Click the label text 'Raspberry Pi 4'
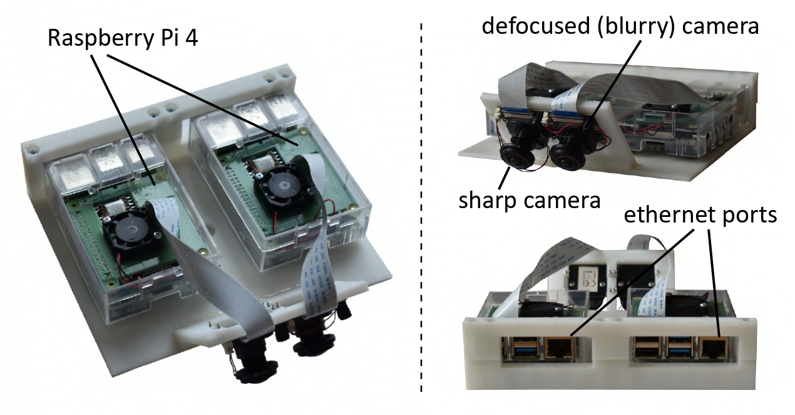point(123,38)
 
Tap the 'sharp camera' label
point(529,201)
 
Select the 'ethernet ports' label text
point(700,215)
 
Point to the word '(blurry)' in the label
point(635,28)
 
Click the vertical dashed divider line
point(421,208)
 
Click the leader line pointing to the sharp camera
point(504,177)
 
